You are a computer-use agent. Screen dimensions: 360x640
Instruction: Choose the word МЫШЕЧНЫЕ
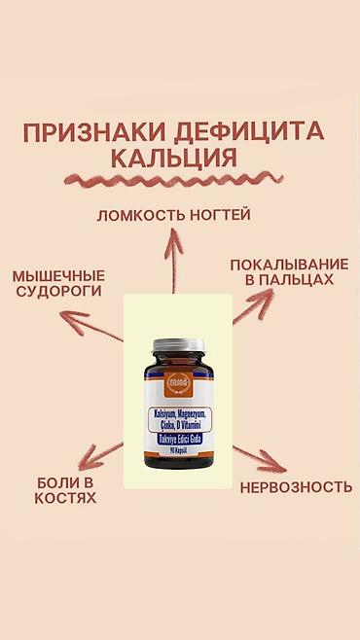pos(58,275)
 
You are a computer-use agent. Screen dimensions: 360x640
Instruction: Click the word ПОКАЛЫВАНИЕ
pos(288,264)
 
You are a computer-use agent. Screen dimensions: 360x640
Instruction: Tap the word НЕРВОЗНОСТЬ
pos(296,486)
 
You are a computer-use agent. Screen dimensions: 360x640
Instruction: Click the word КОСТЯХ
pos(66,498)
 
